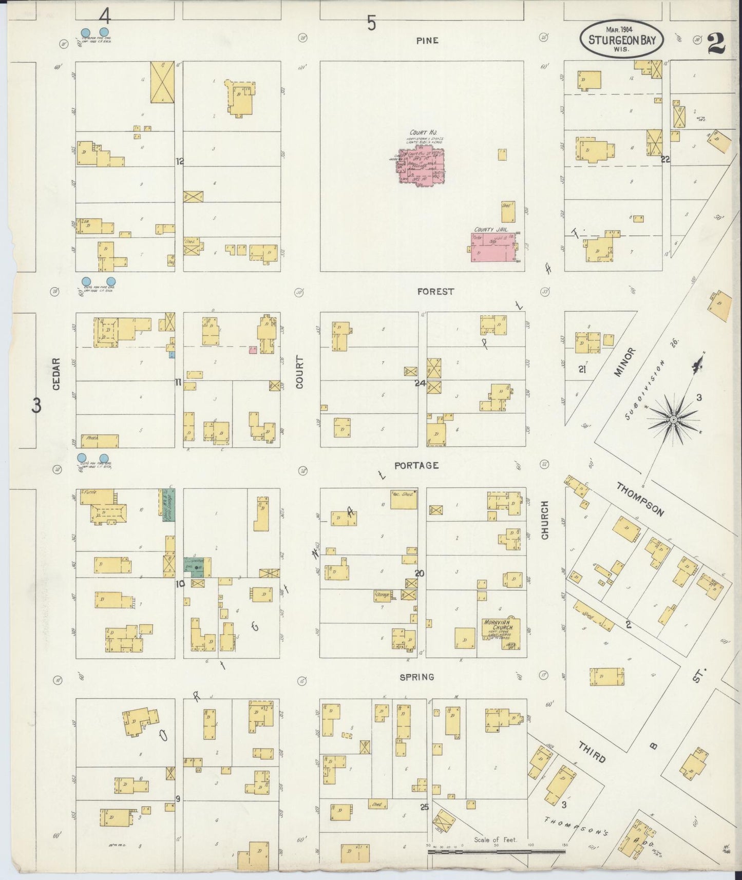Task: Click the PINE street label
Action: (x=427, y=41)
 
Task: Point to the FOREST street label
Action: (x=435, y=291)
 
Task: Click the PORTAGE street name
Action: (x=416, y=465)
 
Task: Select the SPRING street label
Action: (x=417, y=677)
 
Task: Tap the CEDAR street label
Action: (x=56, y=373)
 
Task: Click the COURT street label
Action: (x=300, y=372)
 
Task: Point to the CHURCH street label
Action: (x=544, y=520)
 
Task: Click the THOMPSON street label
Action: (x=640, y=499)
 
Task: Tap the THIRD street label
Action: (x=592, y=752)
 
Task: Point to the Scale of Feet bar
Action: (x=496, y=851)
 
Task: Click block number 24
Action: (x=420, y=382)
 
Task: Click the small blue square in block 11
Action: (x=172, y=354)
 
